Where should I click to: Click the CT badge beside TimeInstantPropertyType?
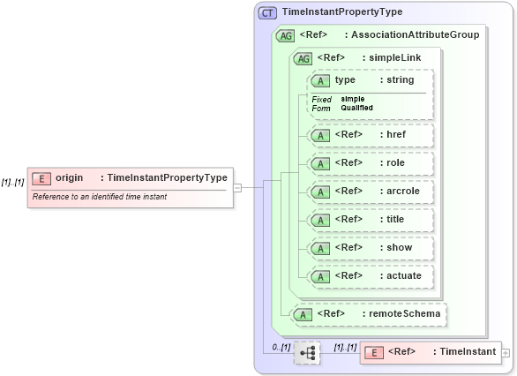[x=267, y=12]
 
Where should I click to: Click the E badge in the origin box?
[x=41, y=178]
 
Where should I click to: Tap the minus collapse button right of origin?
[x=238, y=187]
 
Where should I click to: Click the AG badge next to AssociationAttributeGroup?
[x=285, y=35]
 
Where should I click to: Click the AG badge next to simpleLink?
[x=303, y=58]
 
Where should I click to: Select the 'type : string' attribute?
[x=371, y=80]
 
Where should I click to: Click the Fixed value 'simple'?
[x=353, y=99]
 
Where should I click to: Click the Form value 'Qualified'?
[x=356, y=108]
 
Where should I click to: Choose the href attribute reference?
[x=371, y=135]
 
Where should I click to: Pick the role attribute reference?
[x=371, y=163]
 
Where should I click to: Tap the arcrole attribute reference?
[x=371, y=191]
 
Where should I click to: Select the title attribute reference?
[x=371, y=219]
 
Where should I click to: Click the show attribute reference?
[x=371, y=248]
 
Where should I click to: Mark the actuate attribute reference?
[x=371, y=276]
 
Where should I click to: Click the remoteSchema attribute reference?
[x=370, y=313]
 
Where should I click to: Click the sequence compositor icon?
[x=307, y=353]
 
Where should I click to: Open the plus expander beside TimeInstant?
[x=506, y=352]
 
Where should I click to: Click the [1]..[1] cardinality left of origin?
[x=12, y=183]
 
